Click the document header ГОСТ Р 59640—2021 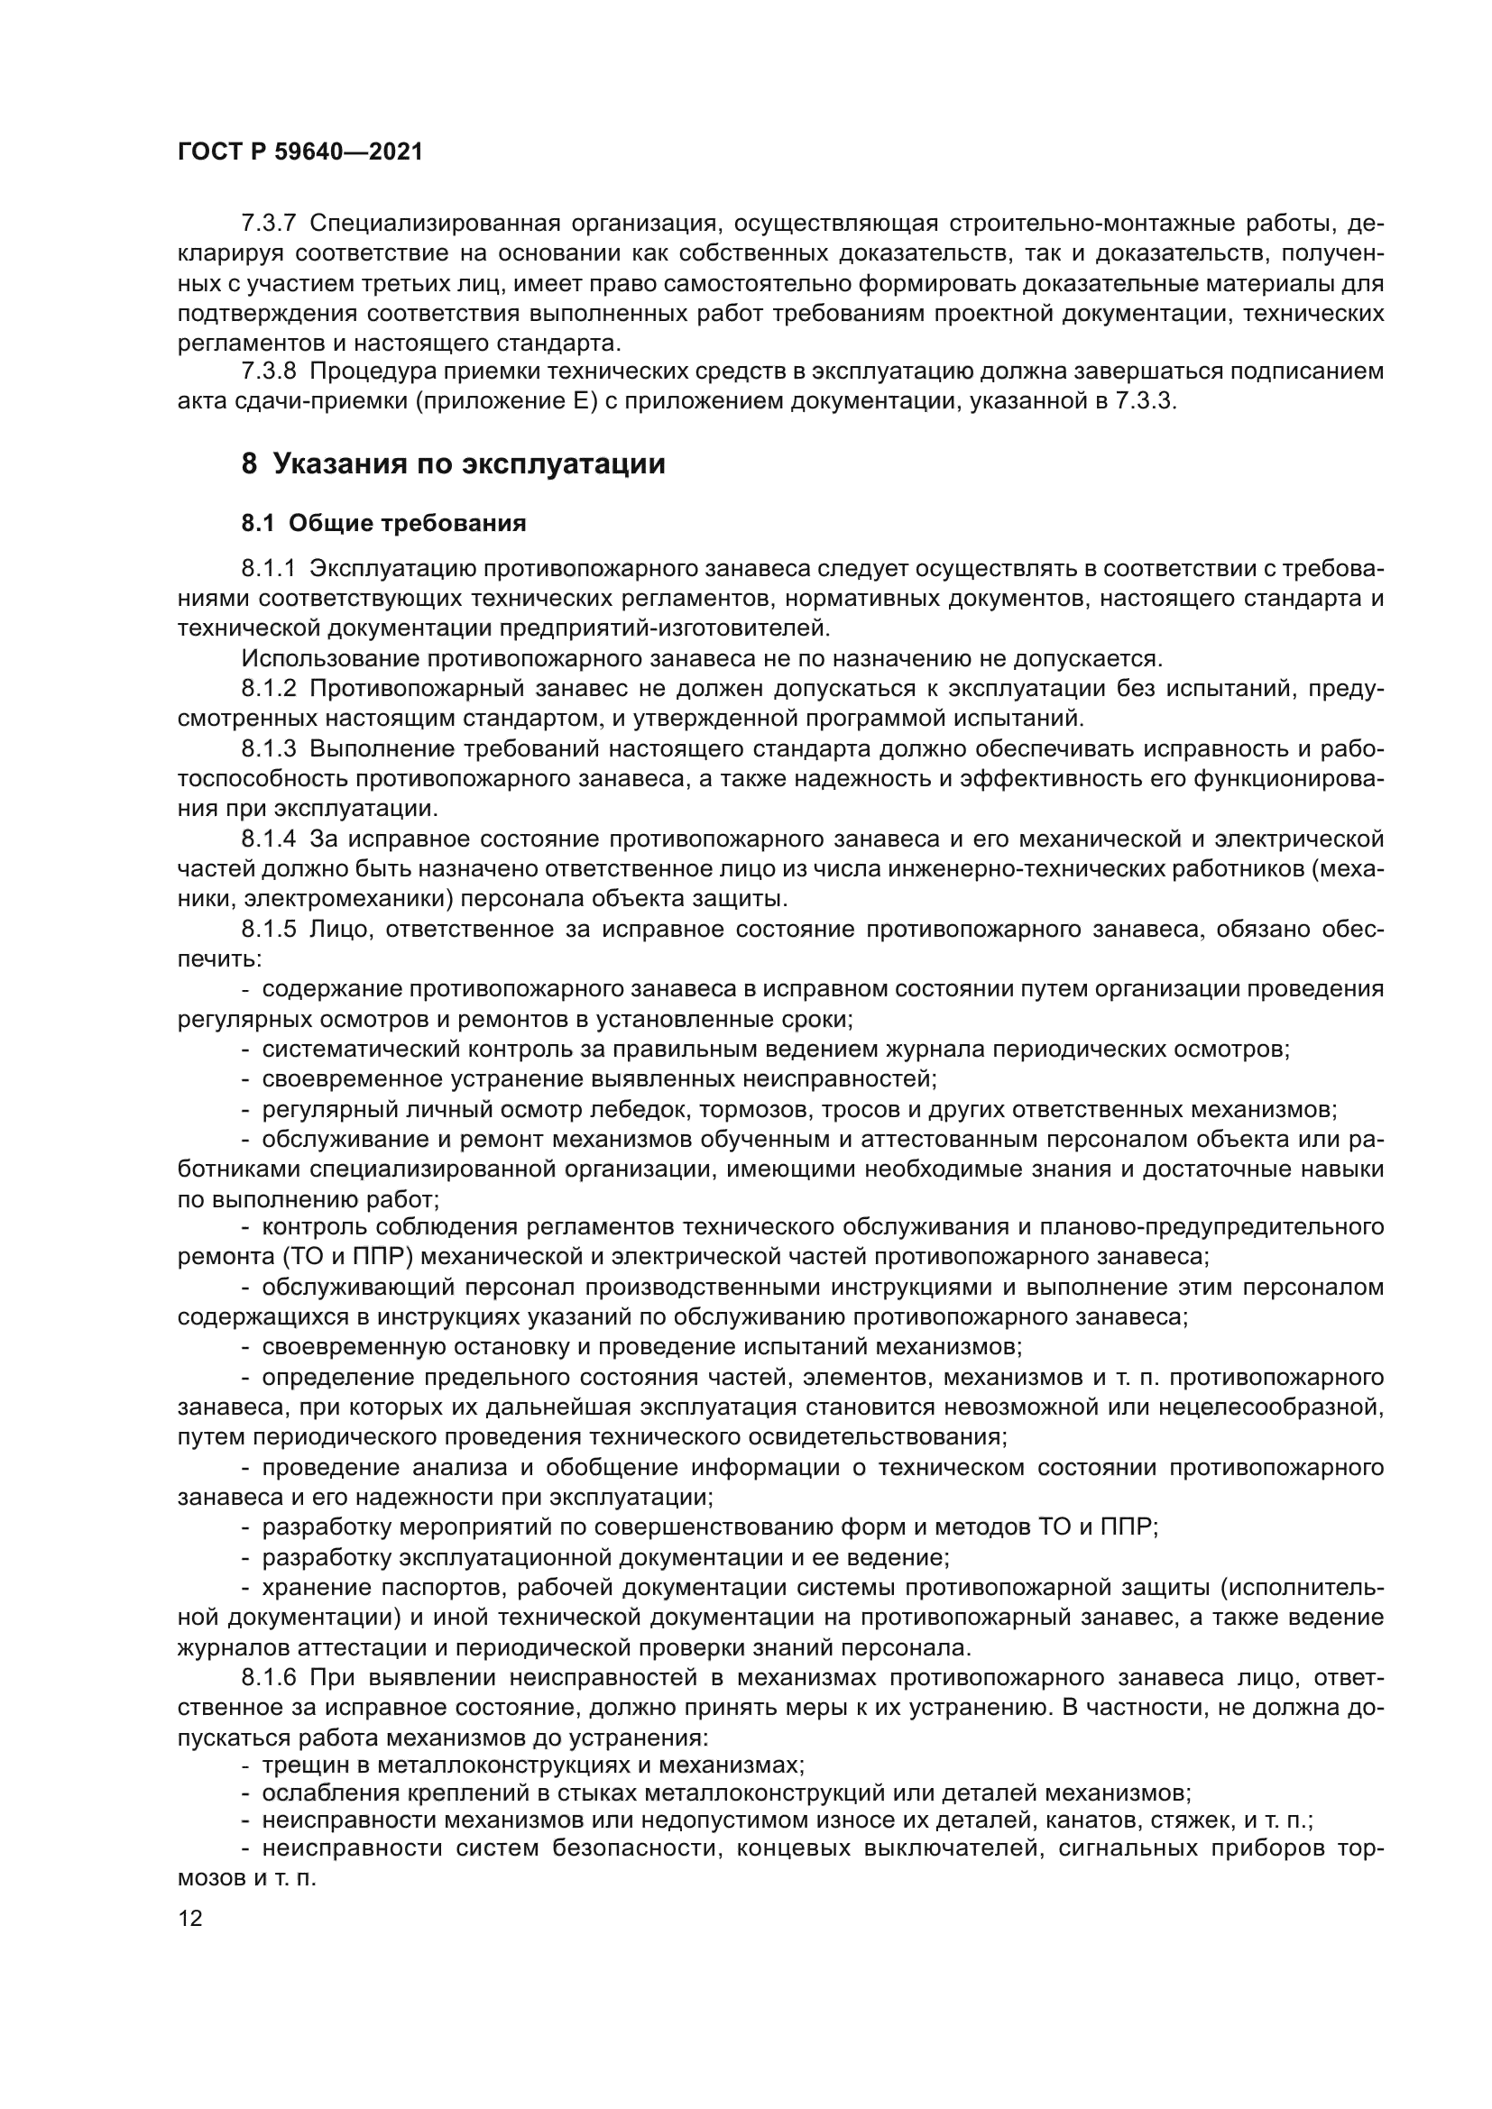pos(299,152)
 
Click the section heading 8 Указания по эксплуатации pos(453,464)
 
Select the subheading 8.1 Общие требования pos(383,524)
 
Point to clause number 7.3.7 pos(268,224)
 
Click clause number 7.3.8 pos(268,372)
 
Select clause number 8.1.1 pos(268,569)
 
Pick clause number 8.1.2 pos(268,689)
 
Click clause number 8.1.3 pos(268,748)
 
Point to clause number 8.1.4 pos(268,839)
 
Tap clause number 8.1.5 pos(268,929)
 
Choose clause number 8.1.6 pos(268,1678)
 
